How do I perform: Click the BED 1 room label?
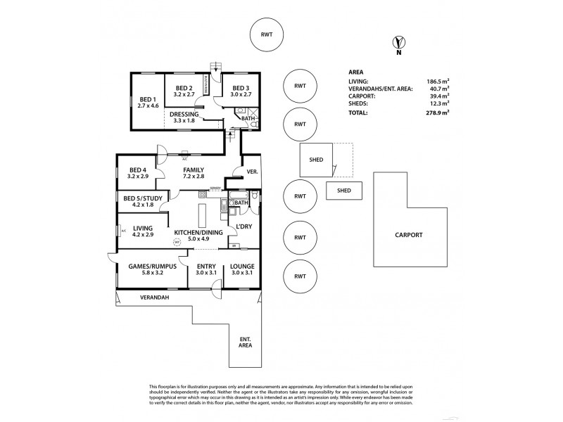(x=147, y=99)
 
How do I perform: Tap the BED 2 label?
(x=184, y=88)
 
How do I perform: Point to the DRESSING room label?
(x=185, y=114)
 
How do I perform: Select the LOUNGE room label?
(x=242, y=267)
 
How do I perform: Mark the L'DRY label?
(x=244, y=226)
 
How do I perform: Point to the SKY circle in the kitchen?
(x=176, y=243)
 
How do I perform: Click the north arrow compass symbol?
(x=398, y=44)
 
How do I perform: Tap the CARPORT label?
(x=408, y=235)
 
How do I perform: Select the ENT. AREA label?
(x=244, y=343)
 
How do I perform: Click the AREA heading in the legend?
(x=356, y=72)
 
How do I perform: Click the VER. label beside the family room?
(x=251, y=171)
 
